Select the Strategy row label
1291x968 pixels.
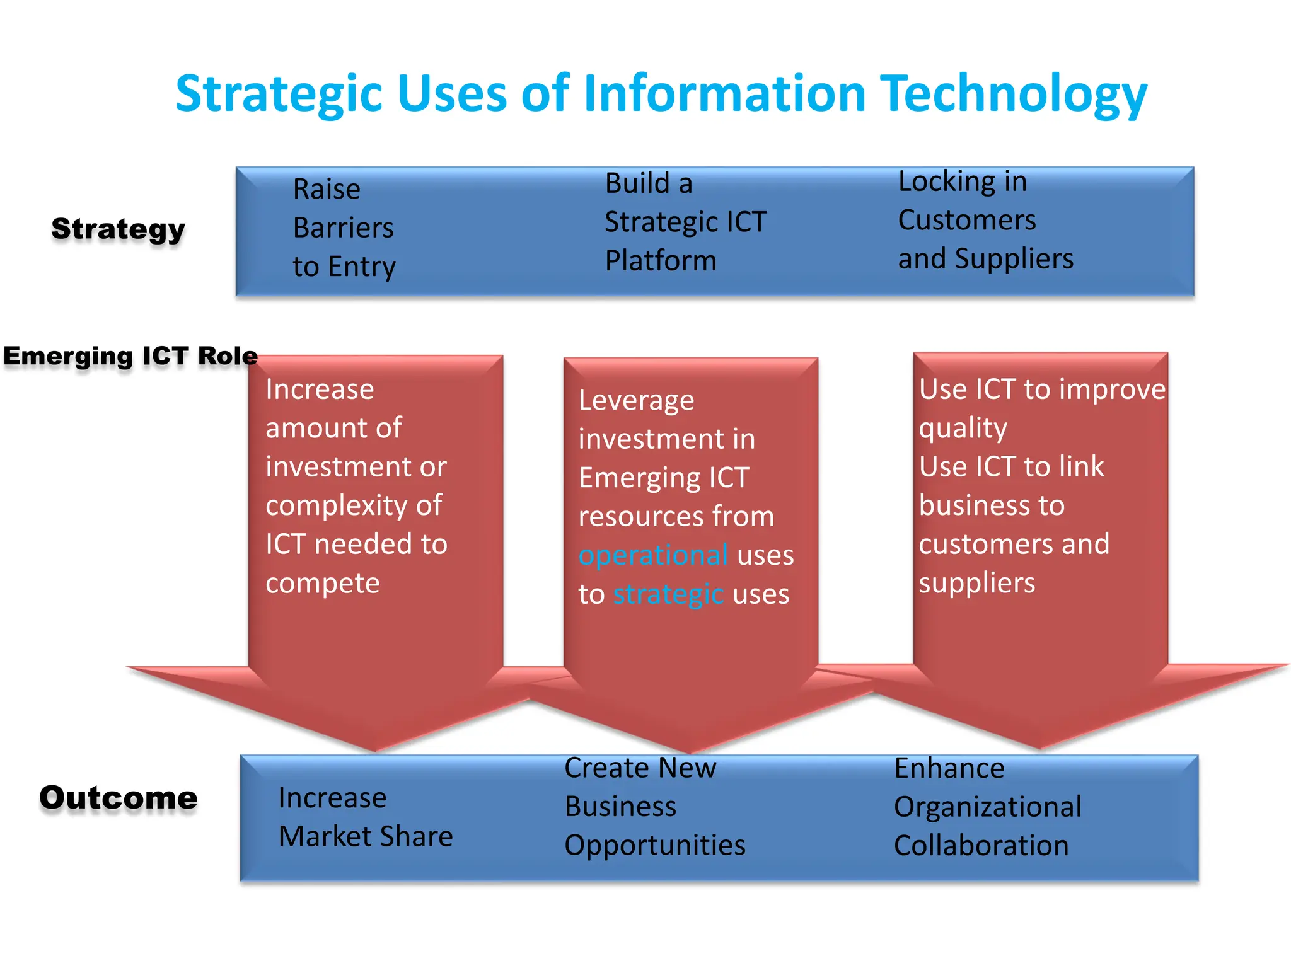119,229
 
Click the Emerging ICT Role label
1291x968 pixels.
130,356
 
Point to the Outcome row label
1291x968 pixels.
119,798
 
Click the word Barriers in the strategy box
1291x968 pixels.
344,228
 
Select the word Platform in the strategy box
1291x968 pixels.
661,260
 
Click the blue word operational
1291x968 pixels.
653,555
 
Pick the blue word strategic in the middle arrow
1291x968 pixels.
668,594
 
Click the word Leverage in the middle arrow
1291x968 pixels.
637,401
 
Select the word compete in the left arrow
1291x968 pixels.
323,583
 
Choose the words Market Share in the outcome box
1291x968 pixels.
366,836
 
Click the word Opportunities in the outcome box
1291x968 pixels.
655,845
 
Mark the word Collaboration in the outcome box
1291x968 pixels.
981,845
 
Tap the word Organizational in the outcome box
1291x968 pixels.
988,807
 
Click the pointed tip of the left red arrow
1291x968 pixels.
376,750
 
